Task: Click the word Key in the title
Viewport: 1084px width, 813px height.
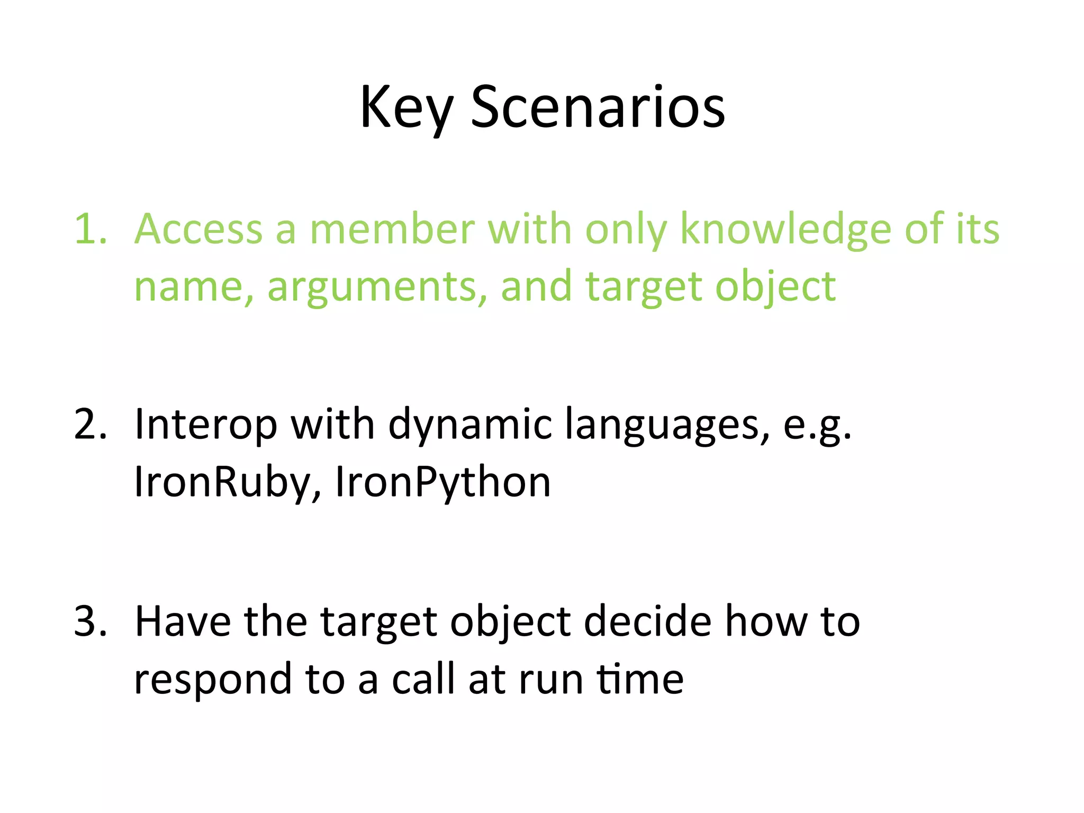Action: (406, 109)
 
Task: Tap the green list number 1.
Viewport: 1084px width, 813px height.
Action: (90, 229)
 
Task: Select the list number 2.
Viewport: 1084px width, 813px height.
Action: (90, 424)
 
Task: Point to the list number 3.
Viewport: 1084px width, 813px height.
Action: (90, 621)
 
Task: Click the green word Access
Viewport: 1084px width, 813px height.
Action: (198, 229)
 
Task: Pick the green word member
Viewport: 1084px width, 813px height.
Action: (392, 229)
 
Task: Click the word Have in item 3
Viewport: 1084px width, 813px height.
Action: (183, 621)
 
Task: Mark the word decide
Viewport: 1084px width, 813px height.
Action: (647, 621)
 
